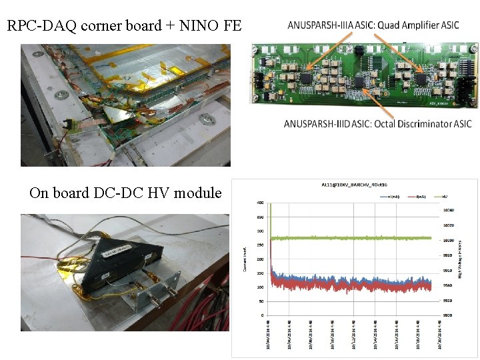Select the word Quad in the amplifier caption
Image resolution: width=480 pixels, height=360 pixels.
click(x=385, y=25)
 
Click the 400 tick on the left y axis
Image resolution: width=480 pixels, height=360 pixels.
click(x=260, y=203)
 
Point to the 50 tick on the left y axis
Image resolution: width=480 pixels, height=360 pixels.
click(x=261, y=301)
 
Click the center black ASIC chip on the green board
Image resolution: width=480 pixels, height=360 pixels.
click(x=360, y=81)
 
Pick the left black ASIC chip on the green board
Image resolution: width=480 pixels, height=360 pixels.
click(x=306, y=79)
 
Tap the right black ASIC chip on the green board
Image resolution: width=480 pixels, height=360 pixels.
click(x=422, y=78)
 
